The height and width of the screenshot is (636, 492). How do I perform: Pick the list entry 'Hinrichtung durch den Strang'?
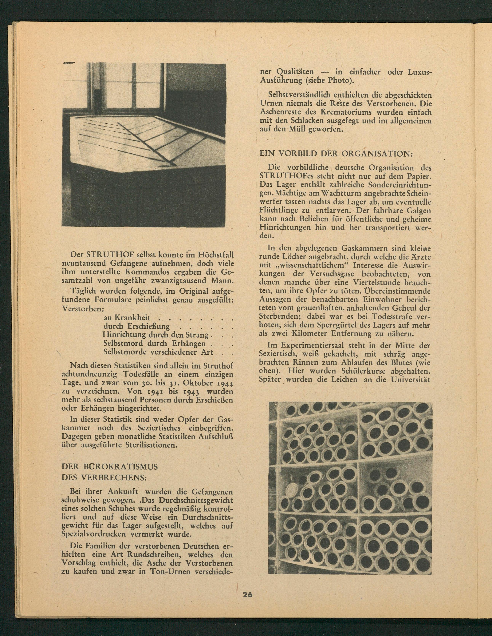tap(156, 335)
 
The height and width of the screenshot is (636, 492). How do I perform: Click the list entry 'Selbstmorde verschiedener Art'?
tap(158, 352)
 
